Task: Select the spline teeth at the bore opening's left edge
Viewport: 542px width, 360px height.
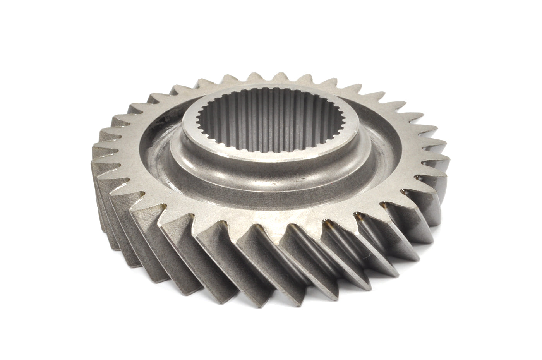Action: [200, 116]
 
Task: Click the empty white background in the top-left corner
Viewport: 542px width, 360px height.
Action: [31, 27]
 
